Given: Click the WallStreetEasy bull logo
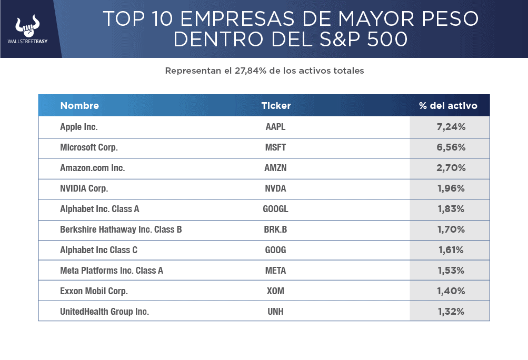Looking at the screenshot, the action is click(27, 26).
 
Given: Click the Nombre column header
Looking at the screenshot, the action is click(79, 106).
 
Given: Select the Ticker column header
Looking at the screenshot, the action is click(276, 106).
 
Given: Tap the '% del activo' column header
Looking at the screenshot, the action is click(448, 106).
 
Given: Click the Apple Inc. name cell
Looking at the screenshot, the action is click(79, 127).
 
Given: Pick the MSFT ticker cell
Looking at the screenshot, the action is click(275, 147).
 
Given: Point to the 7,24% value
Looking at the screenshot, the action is click(451, 127).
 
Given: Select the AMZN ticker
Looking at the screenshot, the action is click(275, 168).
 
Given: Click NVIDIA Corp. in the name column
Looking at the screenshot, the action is click(84, 188).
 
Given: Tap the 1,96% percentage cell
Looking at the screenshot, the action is click(451, 188).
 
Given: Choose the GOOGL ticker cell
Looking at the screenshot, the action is click(275, 209).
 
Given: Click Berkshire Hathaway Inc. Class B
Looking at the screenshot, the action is click(121, 229).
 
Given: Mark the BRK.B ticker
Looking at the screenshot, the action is click(275, 229).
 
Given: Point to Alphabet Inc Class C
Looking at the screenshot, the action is click(98, 250).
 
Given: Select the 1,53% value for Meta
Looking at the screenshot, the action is click(451, 271).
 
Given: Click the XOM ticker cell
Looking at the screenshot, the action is click(275, 291).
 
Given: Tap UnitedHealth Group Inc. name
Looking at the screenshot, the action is click(104, 312).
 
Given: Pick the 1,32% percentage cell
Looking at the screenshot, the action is click(451, 312).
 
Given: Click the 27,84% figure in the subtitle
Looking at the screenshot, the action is click(251, 71).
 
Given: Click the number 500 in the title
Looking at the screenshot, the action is click(387, 39).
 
